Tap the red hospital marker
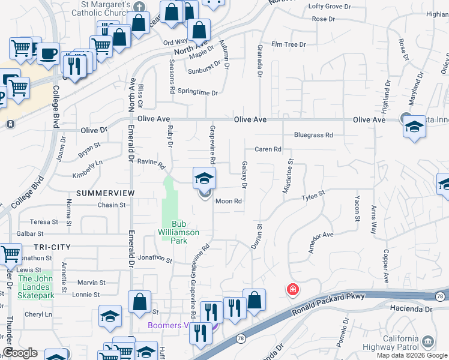(x=292, y=290)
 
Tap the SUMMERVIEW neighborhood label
(x=100, y=193)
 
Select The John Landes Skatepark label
(x=36, y=287)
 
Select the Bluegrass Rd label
(x=313, y=136)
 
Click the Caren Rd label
(x=268, y=149)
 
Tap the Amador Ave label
(x=321, y=242)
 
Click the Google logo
(x=20, y=353)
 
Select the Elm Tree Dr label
(x=289, y=44)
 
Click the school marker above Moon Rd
(x=204, y=178)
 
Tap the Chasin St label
(x=112, y=205)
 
